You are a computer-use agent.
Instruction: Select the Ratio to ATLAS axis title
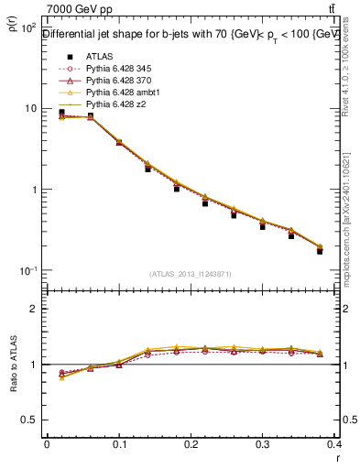13,365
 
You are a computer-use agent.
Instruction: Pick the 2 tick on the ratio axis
36,309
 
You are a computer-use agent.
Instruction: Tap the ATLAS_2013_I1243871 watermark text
191,274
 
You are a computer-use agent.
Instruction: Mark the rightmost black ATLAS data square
320,250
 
